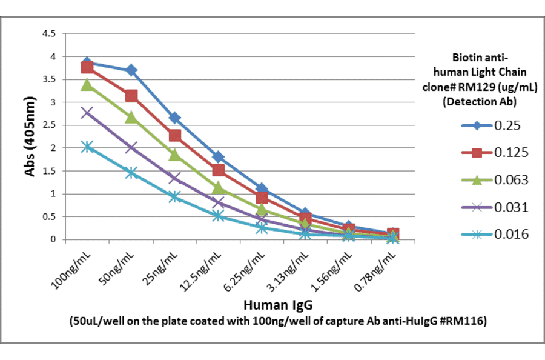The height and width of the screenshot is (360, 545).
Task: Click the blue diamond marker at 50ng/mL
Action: [x=131, y=70]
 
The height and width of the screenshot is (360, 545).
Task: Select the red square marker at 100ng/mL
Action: [x=87, y=67]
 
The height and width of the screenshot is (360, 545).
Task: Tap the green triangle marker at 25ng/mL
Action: [x=175, y=155]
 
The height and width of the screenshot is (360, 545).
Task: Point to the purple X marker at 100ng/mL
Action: [x=87, y=112]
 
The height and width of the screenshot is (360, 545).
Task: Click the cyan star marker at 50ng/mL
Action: [x=131, y=173]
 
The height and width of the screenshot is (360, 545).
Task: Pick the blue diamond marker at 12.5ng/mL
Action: [x=219, y=157]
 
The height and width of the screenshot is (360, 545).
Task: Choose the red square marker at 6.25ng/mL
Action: [x=262, y=198]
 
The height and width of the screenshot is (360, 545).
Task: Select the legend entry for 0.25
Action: [x=494, y=126]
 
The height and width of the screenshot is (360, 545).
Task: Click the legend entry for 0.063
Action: [x=494, y=180]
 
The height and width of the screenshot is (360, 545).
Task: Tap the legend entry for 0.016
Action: [x=494, y=234]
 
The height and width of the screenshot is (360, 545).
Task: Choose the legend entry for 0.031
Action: [x=494, y=207]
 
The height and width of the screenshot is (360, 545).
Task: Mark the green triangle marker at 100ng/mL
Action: [x=87, y=84]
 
